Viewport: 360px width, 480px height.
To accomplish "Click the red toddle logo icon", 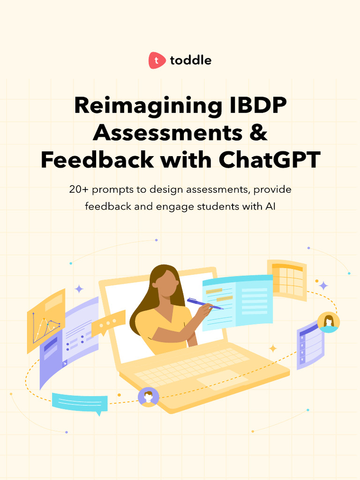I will (x=157, y=60).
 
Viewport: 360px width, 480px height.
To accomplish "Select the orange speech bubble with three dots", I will (x=108, y=322).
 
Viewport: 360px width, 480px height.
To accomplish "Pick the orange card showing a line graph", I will (x=45, y=322).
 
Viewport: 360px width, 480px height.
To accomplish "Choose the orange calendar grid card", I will (x=287, y=279).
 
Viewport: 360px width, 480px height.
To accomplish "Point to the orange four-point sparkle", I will (x=273, y=348).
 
